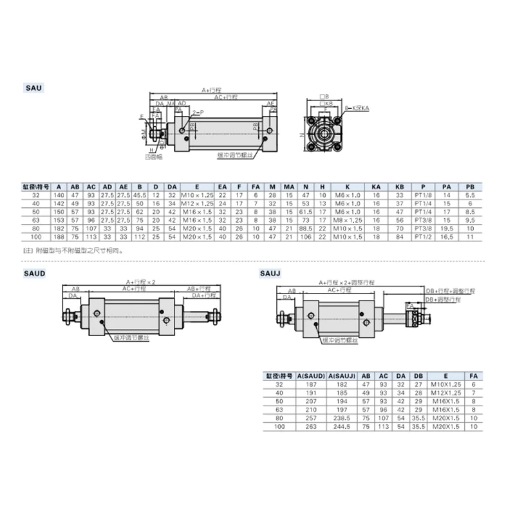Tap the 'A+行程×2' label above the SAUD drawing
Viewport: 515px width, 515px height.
click(137, 281)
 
